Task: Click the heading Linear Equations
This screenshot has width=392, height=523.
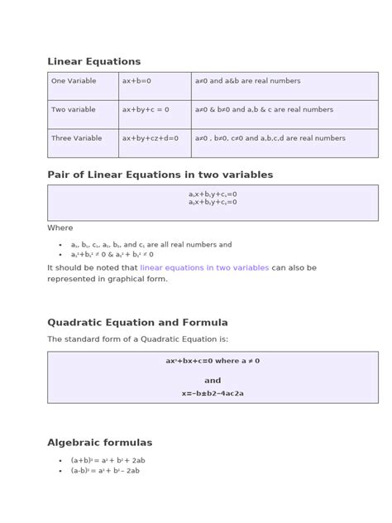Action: (93, 61)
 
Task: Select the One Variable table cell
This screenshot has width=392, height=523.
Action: (74, 81)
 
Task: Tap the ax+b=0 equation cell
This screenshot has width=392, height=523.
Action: (136, 81)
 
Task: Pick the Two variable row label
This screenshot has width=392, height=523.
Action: (74, 109)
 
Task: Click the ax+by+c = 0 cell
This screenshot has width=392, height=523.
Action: (146, 109)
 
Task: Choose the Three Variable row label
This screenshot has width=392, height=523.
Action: (77, 138)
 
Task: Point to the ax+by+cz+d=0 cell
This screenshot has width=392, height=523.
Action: (151, 138)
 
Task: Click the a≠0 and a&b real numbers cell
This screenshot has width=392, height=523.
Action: (248, 81)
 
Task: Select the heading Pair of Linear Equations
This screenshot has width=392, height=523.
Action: (160, 175)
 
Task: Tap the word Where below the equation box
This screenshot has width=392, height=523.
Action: (60, 228)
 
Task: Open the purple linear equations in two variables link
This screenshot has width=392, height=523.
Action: (204, 268)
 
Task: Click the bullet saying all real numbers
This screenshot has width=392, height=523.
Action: (151, 245)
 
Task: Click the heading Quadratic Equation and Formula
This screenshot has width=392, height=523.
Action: (137, 322)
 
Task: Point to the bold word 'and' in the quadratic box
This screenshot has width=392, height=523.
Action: (213, 381)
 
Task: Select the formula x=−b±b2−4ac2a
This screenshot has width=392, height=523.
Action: (213, 394)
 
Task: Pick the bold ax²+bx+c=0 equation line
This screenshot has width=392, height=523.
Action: (213, 361)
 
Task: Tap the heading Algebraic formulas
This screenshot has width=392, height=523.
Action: (99, 443)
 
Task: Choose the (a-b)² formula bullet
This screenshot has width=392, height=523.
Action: (105, 471)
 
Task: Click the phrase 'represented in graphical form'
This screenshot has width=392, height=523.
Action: (108, 279)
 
